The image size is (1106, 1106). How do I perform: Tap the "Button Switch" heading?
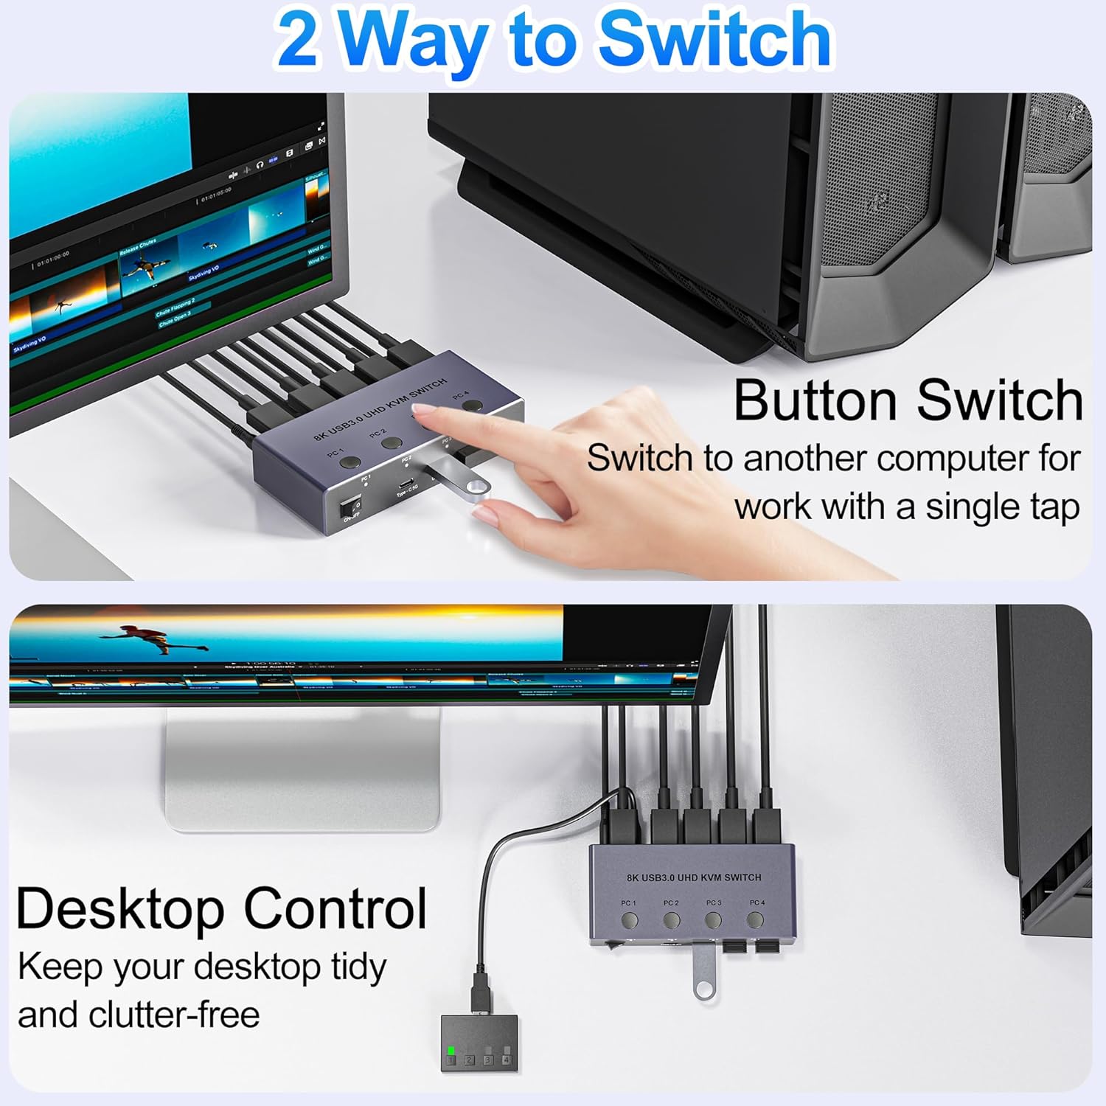tap(908, 400)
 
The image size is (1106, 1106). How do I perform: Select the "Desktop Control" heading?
tap(221, 908)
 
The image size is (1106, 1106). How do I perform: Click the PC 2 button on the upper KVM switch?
tap(392, 444)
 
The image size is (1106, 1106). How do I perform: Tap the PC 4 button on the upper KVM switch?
tap(475, 405)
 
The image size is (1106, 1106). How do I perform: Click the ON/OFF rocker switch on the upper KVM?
tap(351, 508)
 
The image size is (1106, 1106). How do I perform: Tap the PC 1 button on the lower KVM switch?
tap(629, 920)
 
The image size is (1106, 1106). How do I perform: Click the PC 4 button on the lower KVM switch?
tap(754, 919)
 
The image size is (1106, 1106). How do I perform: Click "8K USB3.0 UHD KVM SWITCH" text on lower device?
tap(693, 877)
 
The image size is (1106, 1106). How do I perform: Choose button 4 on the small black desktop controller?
tap(506, 1060)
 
